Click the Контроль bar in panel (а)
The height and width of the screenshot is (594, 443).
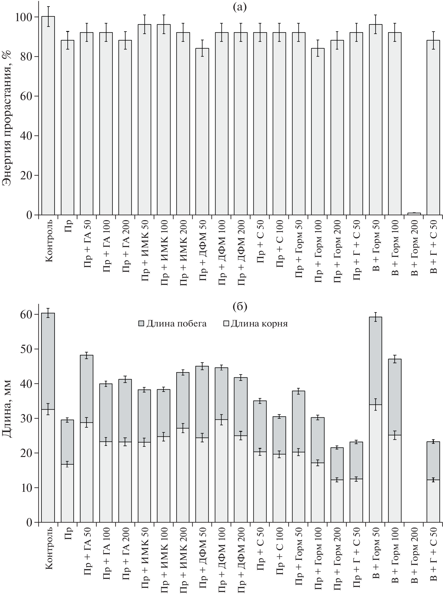click(x=48, y=116)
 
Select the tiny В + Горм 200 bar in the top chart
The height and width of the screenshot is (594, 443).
click(x=414, y=214)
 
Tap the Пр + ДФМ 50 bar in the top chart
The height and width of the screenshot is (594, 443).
click(x=202, y=131)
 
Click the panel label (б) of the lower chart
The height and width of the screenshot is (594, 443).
click(x=239, y=307)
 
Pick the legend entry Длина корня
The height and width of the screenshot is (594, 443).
click(x=255, y=324)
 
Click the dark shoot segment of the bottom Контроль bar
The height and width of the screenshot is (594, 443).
click(x=48, y=360)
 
